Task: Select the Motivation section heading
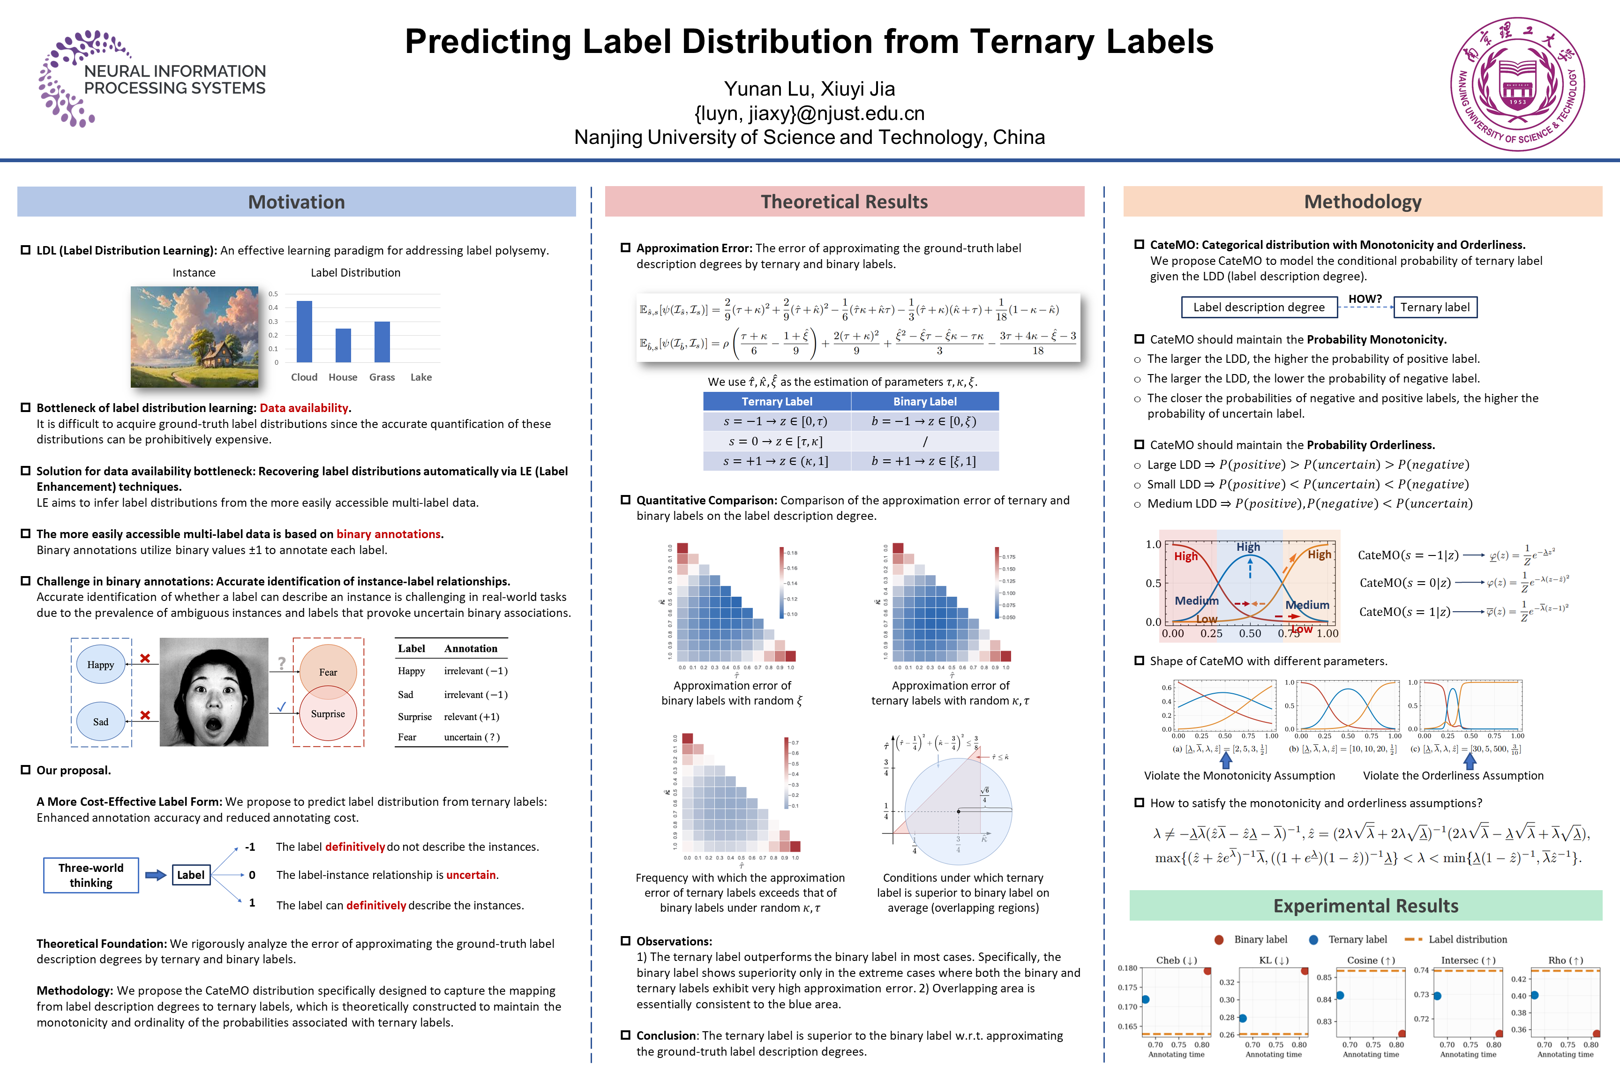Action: [x=296, y=202]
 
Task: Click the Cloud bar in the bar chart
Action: [x=304, y=331]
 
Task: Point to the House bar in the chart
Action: [x=343, y=345]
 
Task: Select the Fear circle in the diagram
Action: [x=328, y=670]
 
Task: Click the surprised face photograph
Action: [x=214, y=691]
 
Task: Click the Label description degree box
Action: [x=1259, y=307]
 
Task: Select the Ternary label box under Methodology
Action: [x=1435, y=307]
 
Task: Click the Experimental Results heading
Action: [x=1365, y=906]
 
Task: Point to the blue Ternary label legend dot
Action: [x=1313, y=939]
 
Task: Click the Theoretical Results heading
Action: [x=844, y=202]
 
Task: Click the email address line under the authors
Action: [x=810, y=113]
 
